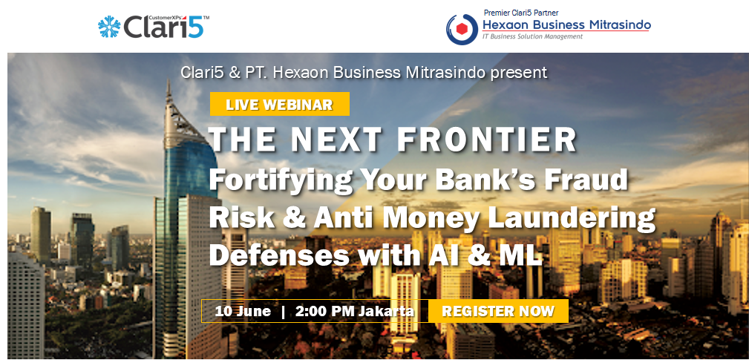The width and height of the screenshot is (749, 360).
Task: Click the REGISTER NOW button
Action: click(x=498, y=311)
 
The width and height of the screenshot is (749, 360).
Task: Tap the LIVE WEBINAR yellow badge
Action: click(x=279, y=104)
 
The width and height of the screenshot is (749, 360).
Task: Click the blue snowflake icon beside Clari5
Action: click(x=109, y=26)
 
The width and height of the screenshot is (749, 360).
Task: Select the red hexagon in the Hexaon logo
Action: click(x=462, y=29)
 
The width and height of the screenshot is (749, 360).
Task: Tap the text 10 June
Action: click(x=243, y=311)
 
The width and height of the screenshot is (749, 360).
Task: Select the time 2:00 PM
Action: click(x=325, y=311)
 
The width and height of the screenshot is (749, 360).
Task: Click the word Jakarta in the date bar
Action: click(x=386, y=311)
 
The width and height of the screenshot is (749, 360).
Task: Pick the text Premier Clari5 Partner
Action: click(x=521, y=13)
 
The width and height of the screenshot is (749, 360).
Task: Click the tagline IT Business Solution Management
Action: click(x=532, y=36)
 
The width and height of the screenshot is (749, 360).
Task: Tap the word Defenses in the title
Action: click(x=279, y=255)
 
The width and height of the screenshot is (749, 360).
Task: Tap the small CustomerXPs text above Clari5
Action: click(x=166, y=18)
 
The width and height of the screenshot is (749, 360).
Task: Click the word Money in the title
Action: click(x=431, y=219)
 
